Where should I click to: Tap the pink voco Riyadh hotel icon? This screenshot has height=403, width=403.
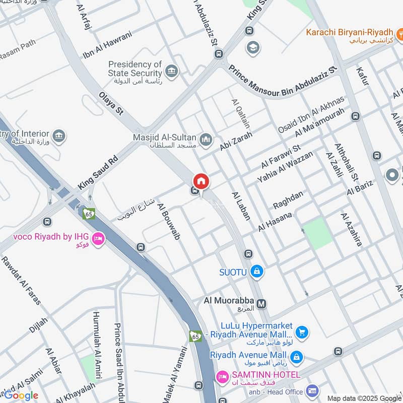pyautogui.click(x=98, y=238)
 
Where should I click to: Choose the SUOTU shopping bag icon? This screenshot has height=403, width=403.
pyautogui.click(x=257, y=272)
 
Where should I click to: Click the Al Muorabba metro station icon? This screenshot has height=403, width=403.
pyautogui.click(x=261, y=304)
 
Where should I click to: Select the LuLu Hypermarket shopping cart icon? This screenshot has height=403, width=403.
pyautogui.click(x=302, y=331)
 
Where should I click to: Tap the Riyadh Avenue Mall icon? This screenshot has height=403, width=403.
pyautogui.click(x=297, y=357)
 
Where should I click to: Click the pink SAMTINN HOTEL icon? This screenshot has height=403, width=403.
pyautogui.click(x=222, y=376)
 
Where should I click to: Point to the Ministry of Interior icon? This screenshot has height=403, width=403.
pyautogui.click(x=59, y=136)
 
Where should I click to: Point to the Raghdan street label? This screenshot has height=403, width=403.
pyautogui.click(x=289, y=200)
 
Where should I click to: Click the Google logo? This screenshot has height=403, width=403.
pyautogui.click(x=21, y=395)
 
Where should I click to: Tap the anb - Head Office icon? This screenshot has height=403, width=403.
pyautogui.click(x=312, y=391)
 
